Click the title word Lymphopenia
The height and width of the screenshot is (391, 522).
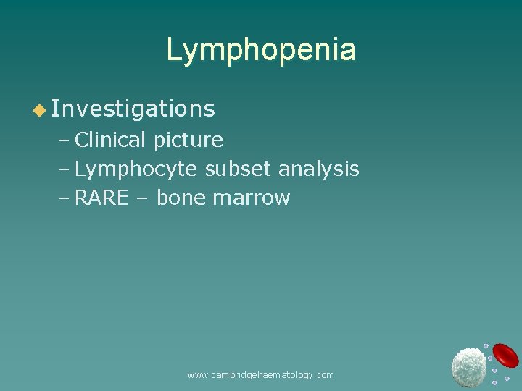tap(261, 50)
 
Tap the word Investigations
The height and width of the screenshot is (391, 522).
tap(133, 109)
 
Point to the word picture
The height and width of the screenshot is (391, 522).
tap(188, 139)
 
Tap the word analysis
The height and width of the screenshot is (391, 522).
tap(319, 169)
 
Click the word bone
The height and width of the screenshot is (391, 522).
tap(181, 198)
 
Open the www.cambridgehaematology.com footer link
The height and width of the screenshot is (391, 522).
tap(260, 374)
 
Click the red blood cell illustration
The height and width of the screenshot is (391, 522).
tap(505, 355)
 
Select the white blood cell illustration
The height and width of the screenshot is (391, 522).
tap(468, 366)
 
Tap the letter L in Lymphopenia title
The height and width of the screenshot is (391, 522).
tap(174, 50)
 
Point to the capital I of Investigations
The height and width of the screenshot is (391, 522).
tap(57, 109)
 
